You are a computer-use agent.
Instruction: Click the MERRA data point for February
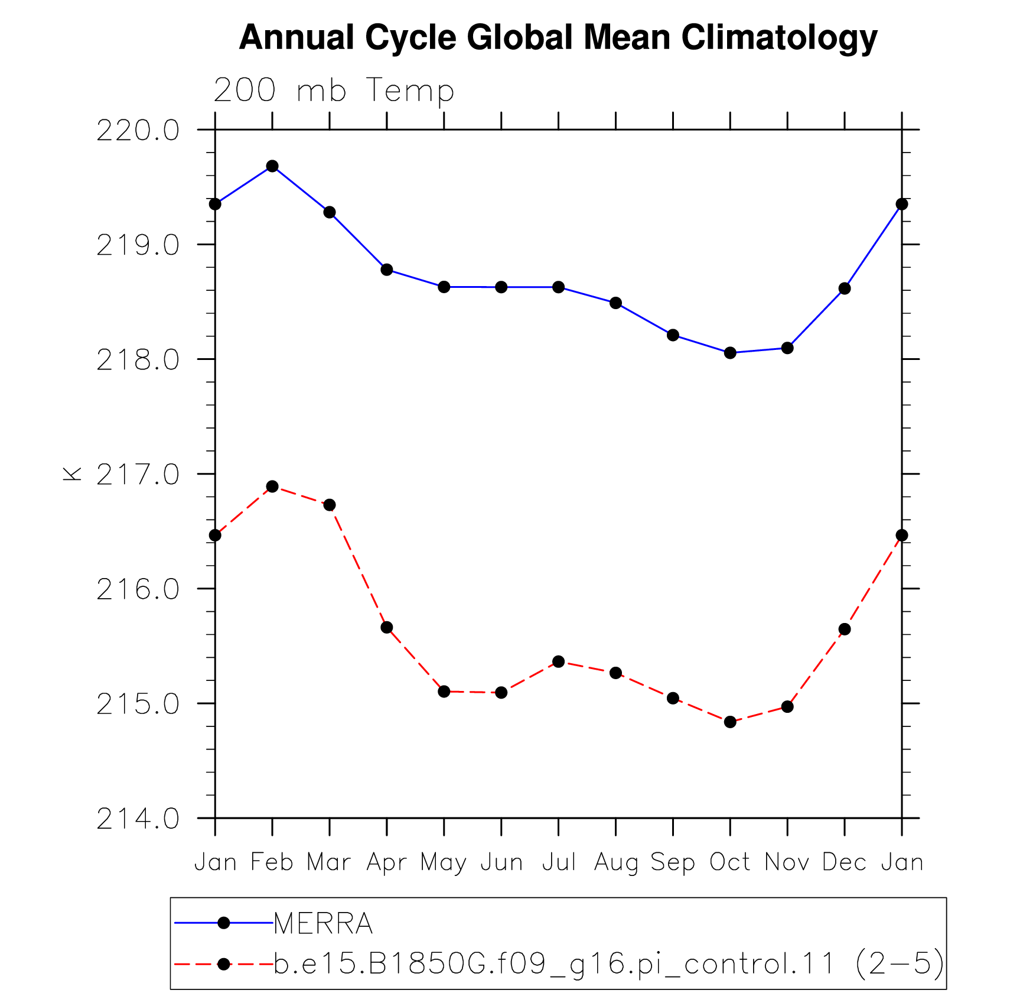(x=272, y=166)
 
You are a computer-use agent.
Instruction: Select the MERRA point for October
(x=730, y=353)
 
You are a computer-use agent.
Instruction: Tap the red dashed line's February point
(x=272, y=486)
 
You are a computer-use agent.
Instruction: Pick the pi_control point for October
(x=730, y=722)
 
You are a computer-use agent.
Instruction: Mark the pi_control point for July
(x=559, y=661)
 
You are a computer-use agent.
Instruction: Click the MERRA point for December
(x=845, y=288)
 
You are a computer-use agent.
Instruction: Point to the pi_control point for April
(x=387, y=627)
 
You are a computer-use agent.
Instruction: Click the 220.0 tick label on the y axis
(x=138, y=130)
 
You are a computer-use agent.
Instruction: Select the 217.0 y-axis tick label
(x=138, y=474)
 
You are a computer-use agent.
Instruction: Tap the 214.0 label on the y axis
(x=138, y=819)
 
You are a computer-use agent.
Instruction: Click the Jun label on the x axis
(x=501, y=862)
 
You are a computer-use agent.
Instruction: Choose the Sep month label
(x=673, y=863)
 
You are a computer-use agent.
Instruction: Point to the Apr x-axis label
(x=387, y=863)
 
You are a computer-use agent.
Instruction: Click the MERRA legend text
(x=323, y=923)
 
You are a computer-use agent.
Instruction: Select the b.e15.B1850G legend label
(x=609, y=964)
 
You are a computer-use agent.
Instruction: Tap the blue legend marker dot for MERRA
(x=223, y=923)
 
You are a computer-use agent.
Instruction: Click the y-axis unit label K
(x=72, y=473)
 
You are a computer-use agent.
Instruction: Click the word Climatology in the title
(x=780, y=38)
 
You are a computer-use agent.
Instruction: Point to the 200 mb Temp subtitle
(x=334, y=90)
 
